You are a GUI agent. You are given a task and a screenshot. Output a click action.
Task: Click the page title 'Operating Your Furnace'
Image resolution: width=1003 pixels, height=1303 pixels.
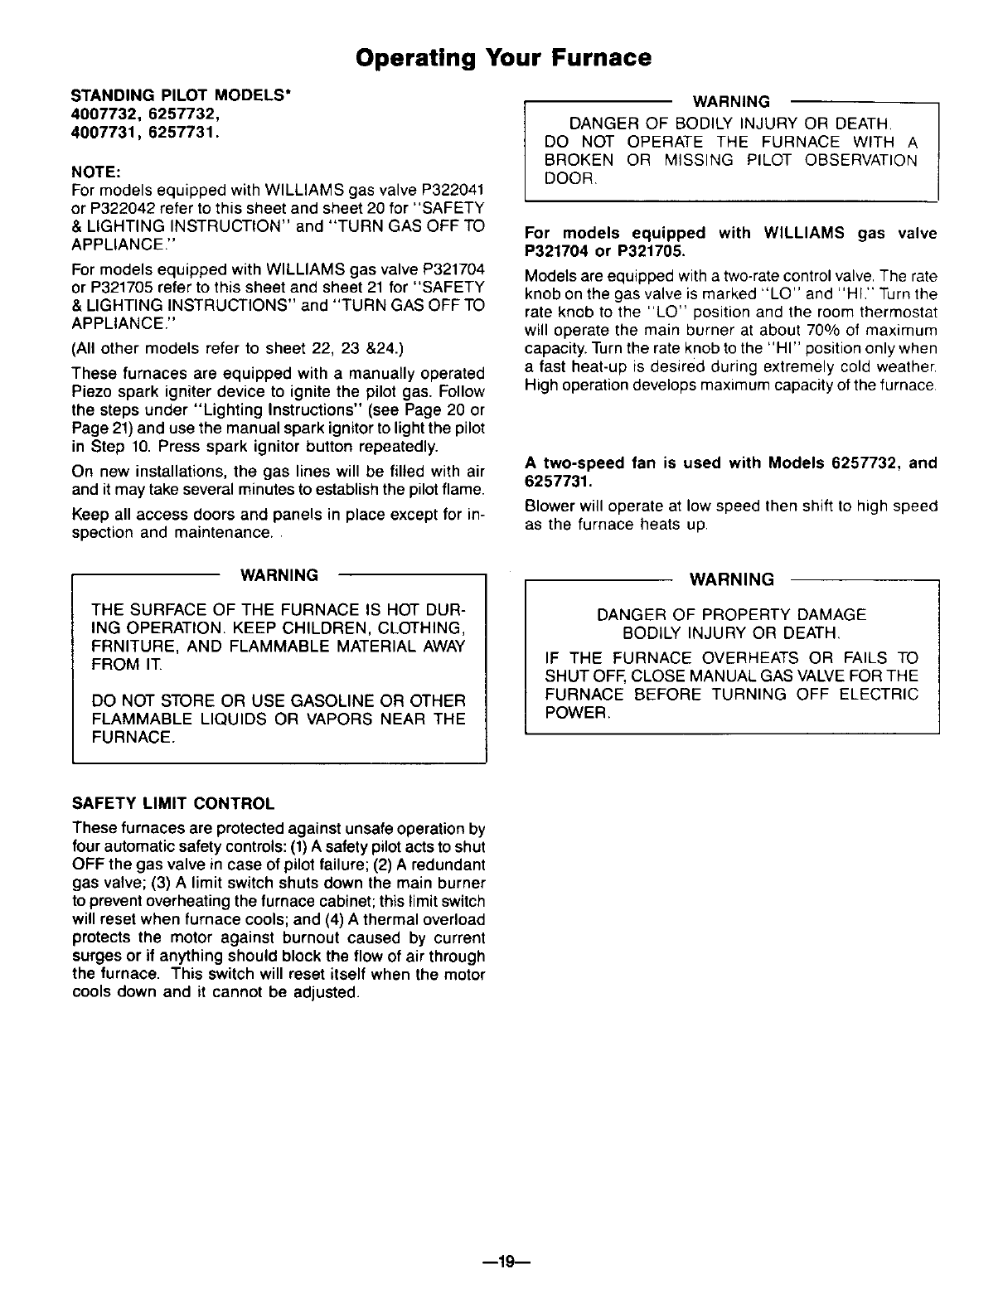coord(502,58)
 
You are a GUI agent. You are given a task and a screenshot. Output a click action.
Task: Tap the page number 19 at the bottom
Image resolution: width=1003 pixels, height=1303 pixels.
coord(502,1262)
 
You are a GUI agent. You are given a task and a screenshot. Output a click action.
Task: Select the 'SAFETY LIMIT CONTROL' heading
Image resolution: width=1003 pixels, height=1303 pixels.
coord(173,803)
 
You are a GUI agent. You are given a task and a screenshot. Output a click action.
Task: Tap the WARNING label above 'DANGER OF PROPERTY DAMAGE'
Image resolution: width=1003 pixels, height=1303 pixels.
coord(732,579)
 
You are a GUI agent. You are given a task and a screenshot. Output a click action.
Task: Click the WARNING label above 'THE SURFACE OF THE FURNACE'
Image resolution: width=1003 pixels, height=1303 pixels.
coord(279,575)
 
